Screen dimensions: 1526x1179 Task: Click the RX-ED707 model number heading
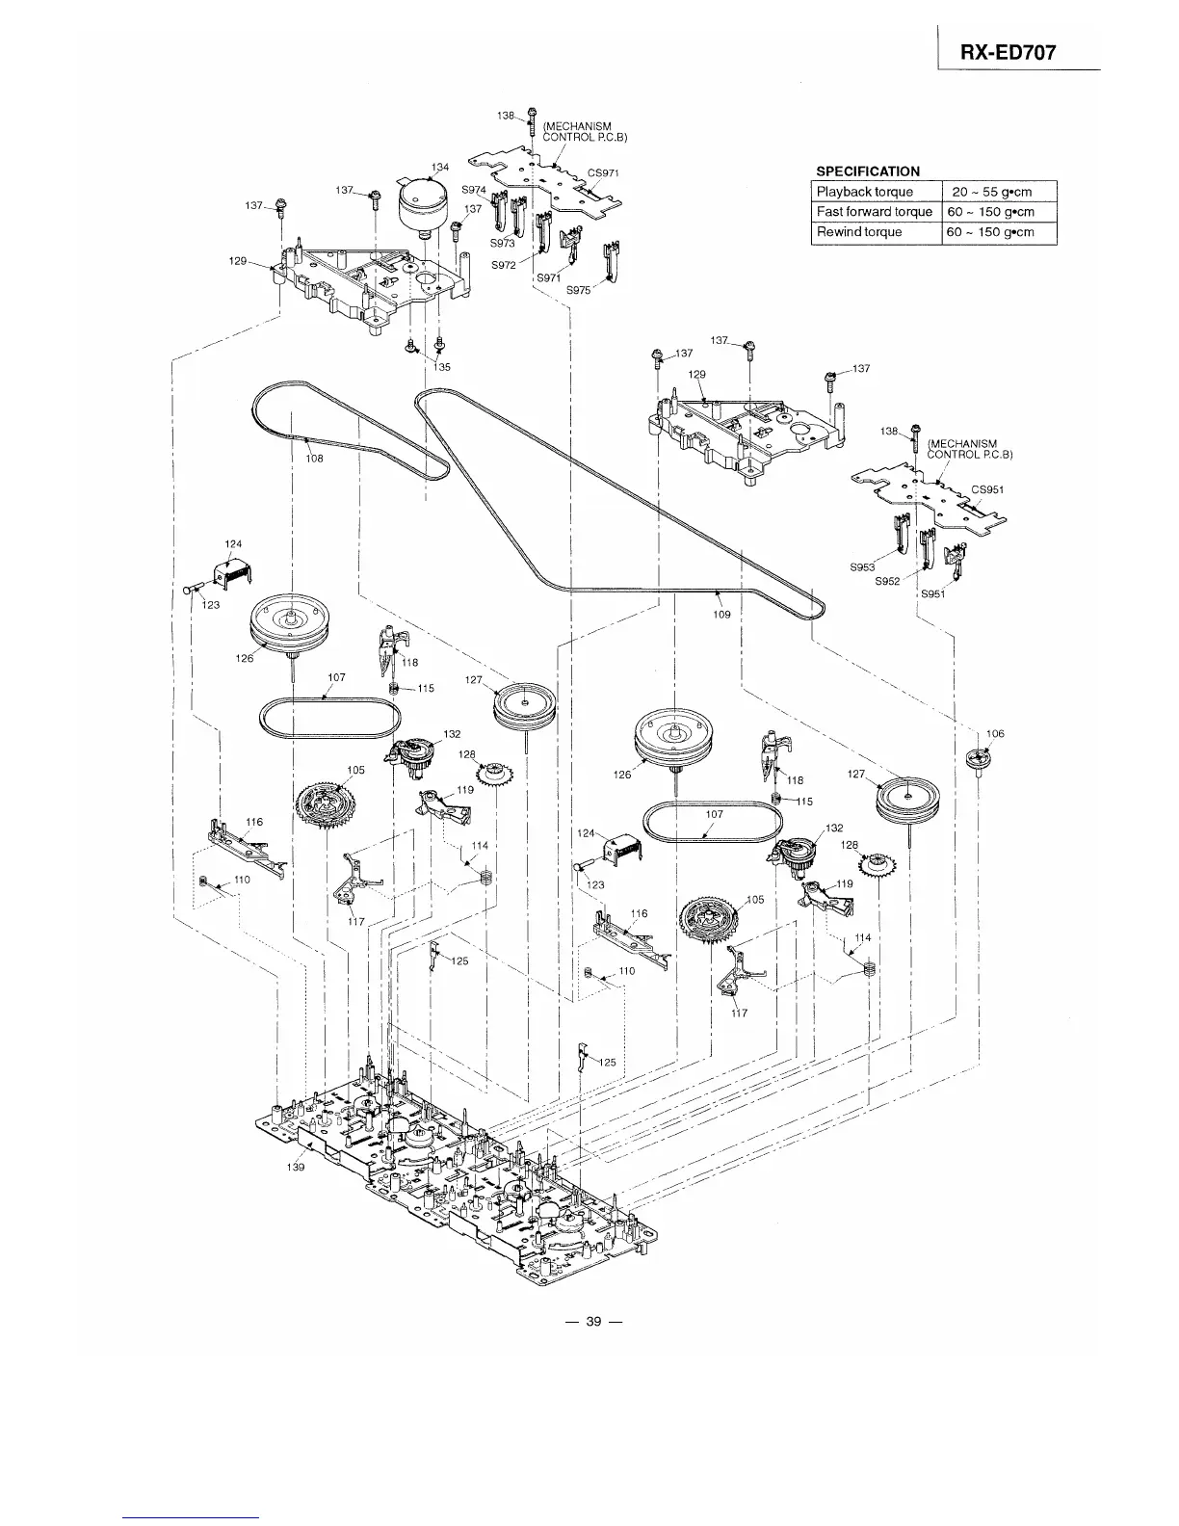(x=1008, y=54)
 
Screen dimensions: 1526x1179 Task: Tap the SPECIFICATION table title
(x=867, y=171)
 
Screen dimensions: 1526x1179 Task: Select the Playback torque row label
(x=864, y=192)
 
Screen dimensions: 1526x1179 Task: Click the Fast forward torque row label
(x=874, y=212)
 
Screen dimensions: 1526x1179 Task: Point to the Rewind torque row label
(x=859, y=232)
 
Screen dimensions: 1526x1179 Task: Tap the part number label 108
(x=314, y=459)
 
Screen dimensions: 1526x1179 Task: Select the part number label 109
(x=721, y=614)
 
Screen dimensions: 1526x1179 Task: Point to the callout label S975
(x=578, y=290)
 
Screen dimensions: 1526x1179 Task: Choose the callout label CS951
(x=987, y=489)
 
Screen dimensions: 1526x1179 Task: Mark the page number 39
(x=593, y=1322)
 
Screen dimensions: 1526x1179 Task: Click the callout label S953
(x=862, y=567)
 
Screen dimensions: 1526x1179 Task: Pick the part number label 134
(x=439, y=168)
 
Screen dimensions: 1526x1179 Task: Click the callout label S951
(x=932, y=594)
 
